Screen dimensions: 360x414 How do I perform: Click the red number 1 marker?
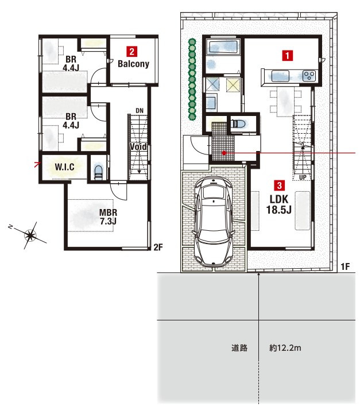coord(288,56)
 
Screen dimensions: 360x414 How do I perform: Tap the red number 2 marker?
coord(131,52)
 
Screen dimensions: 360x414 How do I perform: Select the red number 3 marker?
coord(280,185)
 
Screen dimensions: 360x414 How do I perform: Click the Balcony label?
coord(133,64)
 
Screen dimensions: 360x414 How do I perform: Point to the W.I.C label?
coord(65,167)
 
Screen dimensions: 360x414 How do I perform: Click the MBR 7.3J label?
coord(108,217)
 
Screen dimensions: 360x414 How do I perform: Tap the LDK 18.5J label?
coord(279,204)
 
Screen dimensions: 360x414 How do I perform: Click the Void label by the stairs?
coord(138,147)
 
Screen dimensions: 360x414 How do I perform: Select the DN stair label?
coord(140,111)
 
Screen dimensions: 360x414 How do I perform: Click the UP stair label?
coord(303,177)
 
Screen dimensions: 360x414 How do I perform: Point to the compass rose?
coord(30,235)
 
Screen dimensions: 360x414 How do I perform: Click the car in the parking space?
coord(214,221)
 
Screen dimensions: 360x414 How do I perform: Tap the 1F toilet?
coord(239,124)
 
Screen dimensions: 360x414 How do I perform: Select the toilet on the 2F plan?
coord(98,172)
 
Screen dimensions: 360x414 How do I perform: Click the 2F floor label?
coord(158,247)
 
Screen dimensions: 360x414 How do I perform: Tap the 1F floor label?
coord(345,266)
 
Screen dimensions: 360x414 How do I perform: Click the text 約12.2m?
coord(285,348)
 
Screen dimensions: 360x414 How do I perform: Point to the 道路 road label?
coord(239,348)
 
